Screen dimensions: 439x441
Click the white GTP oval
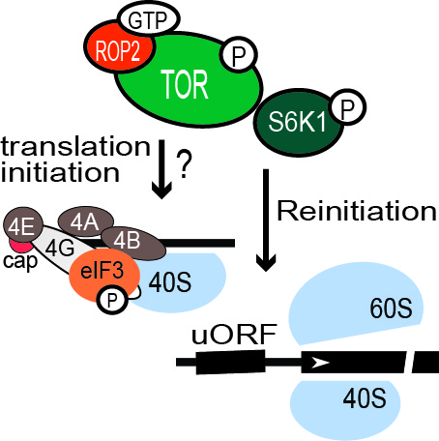[x=149, y=19]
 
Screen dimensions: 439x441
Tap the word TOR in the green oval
[x=186, y=84]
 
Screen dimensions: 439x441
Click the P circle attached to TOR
[x=239, y=54]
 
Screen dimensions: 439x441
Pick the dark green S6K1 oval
[x=298, y=123]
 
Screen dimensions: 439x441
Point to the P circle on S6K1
[x=347, y=107]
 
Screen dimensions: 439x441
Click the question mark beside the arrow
[x=184, y=163]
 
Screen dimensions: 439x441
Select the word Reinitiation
[x=357, y=211]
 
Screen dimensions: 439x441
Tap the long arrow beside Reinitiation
[x=266, y=220]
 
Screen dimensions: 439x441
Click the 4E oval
[x=23, y=226]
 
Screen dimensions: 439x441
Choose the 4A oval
[x=85, y=221]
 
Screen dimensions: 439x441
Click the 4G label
[x=60, y=249]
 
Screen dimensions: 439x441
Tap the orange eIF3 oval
[x=104, y=275]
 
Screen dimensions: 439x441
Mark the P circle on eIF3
[x=111, y=301]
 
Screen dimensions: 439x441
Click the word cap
[x=20, y=260]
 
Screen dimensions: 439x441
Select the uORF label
[x=234, y=335]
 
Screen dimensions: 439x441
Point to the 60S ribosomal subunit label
[x=391, y=309]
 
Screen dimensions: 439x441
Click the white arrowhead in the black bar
[x=320, y=363]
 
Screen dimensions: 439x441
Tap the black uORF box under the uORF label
[x=230, y=363]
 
